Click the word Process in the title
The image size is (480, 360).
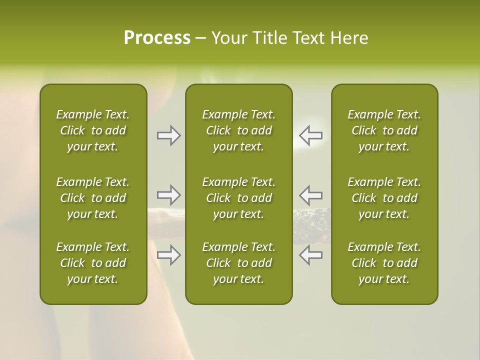(157, 38)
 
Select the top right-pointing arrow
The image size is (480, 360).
(169, 135)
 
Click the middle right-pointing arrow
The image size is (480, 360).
(169, 195)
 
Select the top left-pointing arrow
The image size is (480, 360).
(310, 135)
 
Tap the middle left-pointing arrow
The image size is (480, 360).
(310, 195)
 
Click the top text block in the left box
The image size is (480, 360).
(93, 130)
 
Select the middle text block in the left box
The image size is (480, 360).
(93, 198)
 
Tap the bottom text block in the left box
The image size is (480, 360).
(93, 263)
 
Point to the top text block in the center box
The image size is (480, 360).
(238, 130)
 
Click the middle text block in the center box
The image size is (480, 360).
(238, 198)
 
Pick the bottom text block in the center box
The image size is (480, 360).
(238, 263)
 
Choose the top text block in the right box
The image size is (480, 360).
(384, 130)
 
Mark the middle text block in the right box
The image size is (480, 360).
(384, 198)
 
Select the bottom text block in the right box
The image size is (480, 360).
(384, 263)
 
